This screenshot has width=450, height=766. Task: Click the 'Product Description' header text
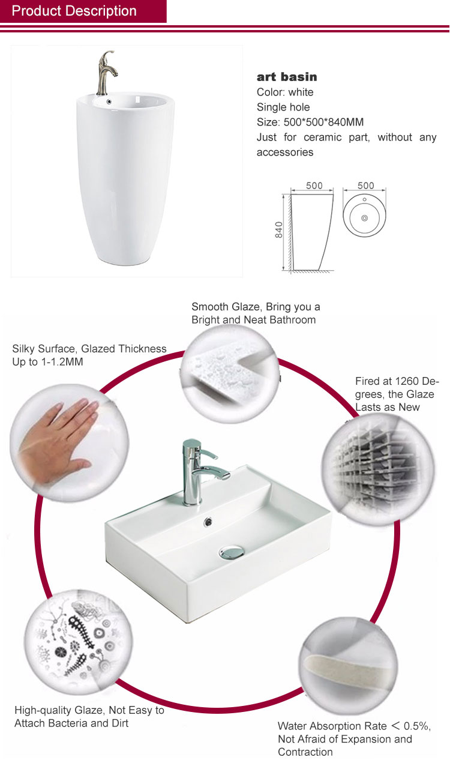(74, 11)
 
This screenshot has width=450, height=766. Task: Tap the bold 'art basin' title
(287, 77)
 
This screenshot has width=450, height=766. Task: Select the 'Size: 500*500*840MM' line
(310, 122)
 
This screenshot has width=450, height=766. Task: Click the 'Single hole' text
(283, 107)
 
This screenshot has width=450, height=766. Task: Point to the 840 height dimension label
(279, 230)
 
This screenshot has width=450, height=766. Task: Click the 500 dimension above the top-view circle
(365, 185)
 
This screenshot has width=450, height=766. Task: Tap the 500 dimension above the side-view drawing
(314, 185)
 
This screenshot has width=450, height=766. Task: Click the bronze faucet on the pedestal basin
(106, 73)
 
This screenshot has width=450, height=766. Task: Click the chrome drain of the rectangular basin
(232, 551)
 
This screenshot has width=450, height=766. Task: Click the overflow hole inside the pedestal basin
(109, 101)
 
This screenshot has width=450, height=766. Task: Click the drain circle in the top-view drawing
(365, 218)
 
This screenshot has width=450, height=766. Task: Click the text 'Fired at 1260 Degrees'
(397, 387)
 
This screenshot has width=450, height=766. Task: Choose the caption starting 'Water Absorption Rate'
(354, 738)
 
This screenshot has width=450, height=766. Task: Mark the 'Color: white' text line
(285, 92)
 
